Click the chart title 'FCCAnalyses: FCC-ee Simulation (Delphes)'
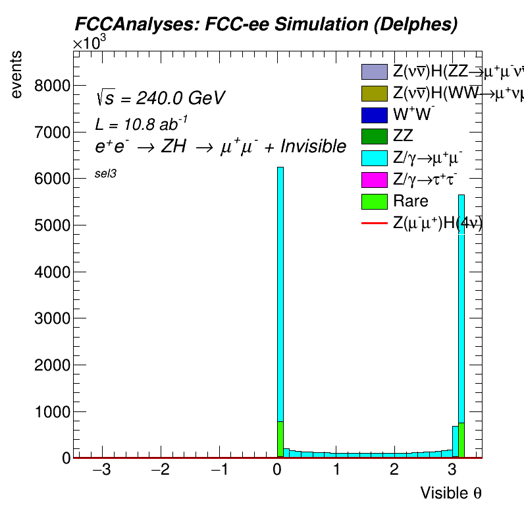pyautogui.click(x=265, y=24)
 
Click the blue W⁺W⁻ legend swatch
pyautogui.click(x=373, y=115)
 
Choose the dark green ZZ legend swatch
pyautogui.click(x=373, y=136)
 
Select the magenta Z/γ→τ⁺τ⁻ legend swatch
pyautogui.click(x=373, y=179)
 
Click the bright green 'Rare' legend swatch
pyautogui.click(x=373, y=201)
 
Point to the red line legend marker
pyautogui.click(x=373, y=224)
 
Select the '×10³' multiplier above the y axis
pyautogui.click(x=89, y=44)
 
